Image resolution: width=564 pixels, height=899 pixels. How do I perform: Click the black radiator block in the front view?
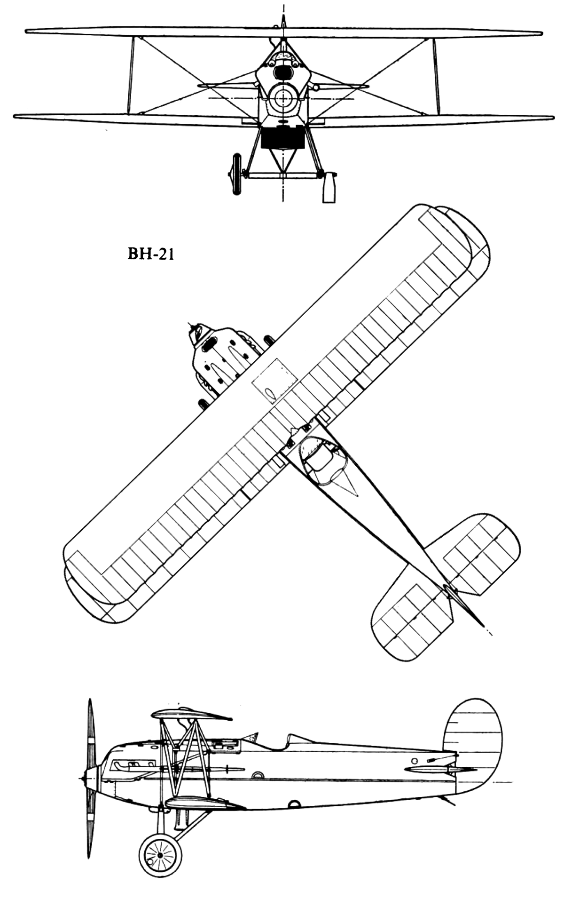[x=281, y=138]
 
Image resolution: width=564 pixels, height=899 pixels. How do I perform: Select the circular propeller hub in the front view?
[x=283, y=98]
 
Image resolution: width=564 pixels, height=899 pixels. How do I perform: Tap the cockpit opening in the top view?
[x=324, y=460]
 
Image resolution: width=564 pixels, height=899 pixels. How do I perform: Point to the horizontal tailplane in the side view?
[x=439, y=770]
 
